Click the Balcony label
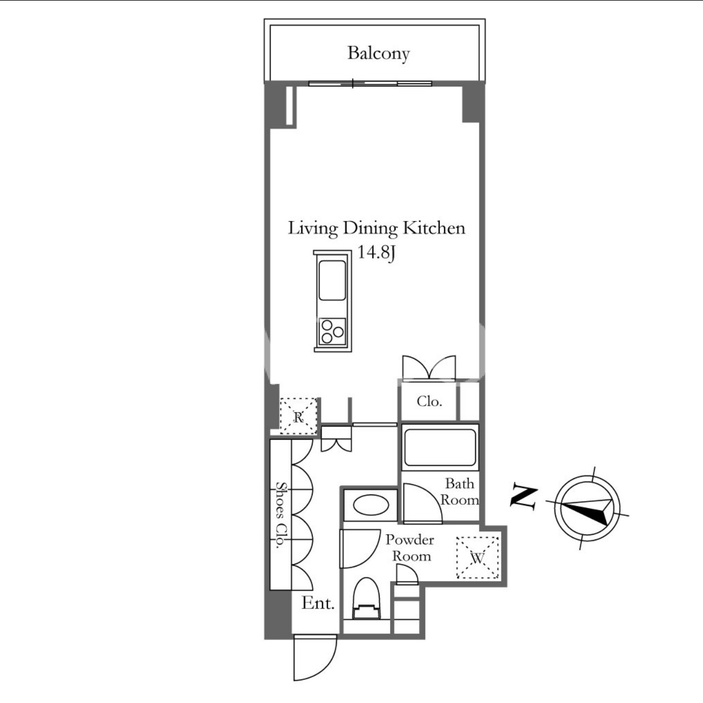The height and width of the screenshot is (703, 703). [378, 54]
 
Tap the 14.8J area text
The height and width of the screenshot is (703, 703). [376, 252]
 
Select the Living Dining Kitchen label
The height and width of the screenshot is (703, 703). [376, 228]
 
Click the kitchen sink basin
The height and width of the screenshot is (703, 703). [332, 280]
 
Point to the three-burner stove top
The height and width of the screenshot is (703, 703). [333, 332]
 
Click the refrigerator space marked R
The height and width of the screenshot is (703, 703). [299, 416]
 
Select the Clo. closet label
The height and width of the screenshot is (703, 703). [430, 402]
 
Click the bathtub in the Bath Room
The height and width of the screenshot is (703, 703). [440, 448]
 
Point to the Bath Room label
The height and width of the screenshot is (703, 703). [460, 492]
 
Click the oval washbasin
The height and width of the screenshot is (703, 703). [370, 505]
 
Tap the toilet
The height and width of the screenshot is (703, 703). [367, 598]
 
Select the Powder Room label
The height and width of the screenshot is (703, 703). [410, 548]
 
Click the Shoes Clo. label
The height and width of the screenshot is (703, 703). [281, 515]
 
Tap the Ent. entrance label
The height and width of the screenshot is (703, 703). [318, 603]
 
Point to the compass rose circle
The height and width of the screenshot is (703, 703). [587, 509]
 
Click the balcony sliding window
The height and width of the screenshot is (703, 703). [370, 84]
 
